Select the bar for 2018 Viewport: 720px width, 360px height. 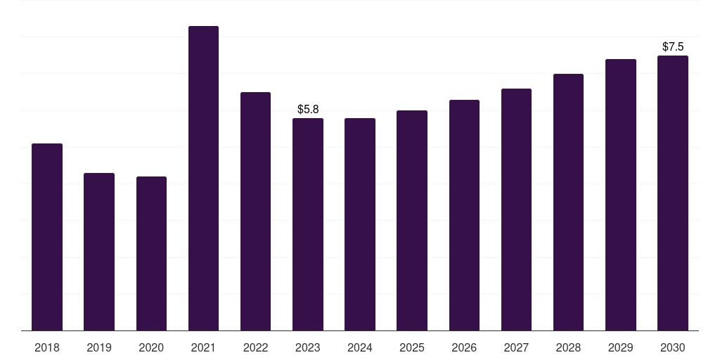(47, 237)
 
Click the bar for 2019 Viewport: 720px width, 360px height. (99, 252)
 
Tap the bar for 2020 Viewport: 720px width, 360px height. (152, 253)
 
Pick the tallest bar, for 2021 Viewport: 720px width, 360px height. (203, 178)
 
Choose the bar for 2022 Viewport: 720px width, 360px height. (255, 211)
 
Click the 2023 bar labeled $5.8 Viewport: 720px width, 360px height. (308, 224)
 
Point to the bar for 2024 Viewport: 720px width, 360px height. (360, 224)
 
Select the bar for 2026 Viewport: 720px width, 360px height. (464, 215)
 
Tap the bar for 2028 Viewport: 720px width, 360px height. (568, 202)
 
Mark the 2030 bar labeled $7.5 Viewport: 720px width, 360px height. (673, 193)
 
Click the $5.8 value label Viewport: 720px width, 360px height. (308, 109)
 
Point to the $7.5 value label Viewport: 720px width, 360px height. (673, 46)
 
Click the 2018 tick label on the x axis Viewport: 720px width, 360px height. (47, 347)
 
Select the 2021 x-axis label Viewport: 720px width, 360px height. (203, 347)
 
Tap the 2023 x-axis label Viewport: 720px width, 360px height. (308, 347)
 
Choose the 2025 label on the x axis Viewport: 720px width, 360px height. (412, 347)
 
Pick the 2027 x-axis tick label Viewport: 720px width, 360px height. (516, 347)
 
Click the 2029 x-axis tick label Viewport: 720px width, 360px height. (620, 347)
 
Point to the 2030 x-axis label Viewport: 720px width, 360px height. (673, 347)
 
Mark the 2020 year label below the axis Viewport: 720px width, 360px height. (151, 347)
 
